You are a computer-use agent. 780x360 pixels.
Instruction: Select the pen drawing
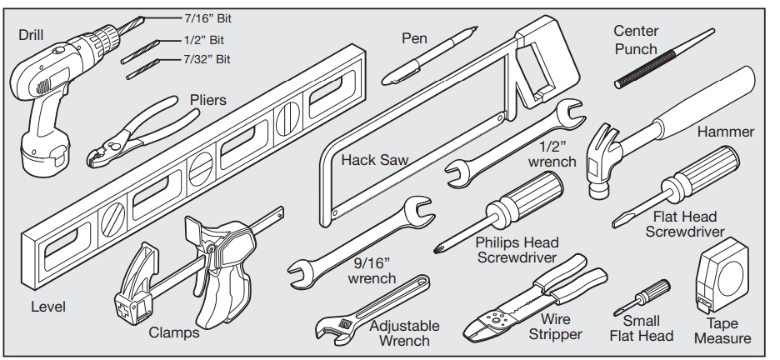429,56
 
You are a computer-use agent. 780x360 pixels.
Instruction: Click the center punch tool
664,58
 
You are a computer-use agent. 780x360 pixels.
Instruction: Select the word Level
48,307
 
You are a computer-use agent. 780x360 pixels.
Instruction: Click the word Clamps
174,333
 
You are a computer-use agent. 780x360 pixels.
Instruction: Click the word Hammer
726,132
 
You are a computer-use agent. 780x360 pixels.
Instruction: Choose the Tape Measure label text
722,330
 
